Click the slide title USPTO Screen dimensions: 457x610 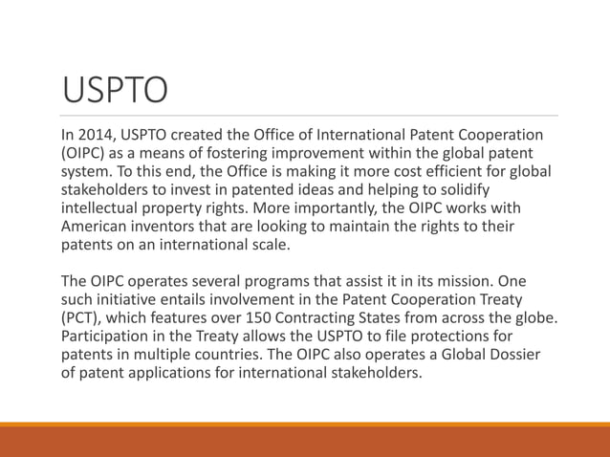[x=114, y=91]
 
